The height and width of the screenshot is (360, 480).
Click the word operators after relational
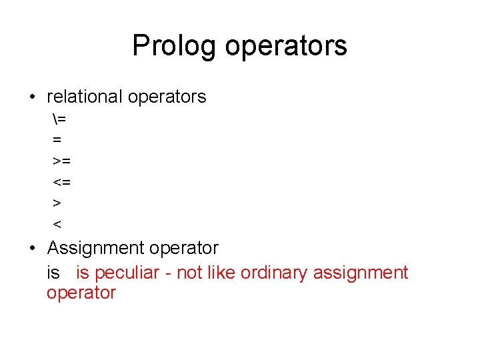tap(167, 97)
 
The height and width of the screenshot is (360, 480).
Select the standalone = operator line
tap(57, 140)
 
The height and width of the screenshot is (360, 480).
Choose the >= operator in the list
tap(61, 161)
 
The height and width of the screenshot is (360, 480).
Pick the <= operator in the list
tap(61, 181)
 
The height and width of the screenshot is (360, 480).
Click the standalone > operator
tap(57, 202)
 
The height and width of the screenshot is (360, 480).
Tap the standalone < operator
tap(57, 223)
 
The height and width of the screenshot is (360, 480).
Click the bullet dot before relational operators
tap(33, 97)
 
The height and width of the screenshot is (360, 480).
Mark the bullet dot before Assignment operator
tap(33, 249)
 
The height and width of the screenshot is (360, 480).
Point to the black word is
tap(53, 272)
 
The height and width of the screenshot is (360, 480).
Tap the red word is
tap(83, 272)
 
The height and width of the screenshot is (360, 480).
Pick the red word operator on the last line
tap(81, 293)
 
